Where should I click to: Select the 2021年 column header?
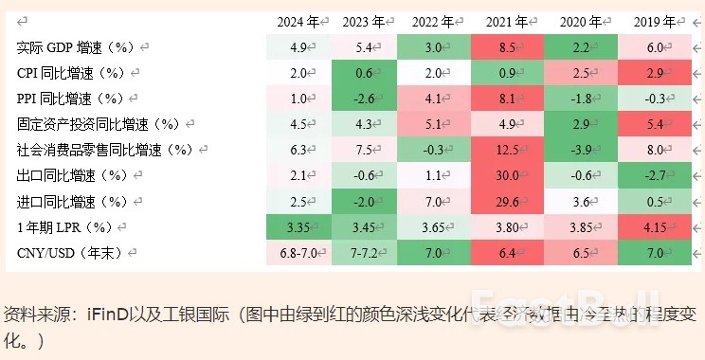(x=507, y=21)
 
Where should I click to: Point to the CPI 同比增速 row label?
(x=71, y=72)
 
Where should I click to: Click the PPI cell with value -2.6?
(x=363, y=98)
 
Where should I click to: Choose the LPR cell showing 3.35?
(x=297, y=226)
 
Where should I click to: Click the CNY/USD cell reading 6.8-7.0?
(x=297, y=252)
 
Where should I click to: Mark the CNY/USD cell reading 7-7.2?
(x=363, y=252)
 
